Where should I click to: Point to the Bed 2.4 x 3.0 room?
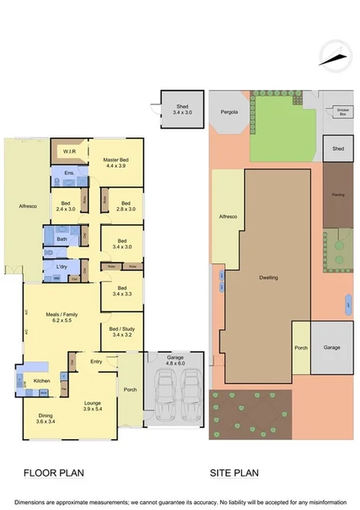tap(66, 206)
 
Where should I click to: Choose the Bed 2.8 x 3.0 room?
tap(121, 206)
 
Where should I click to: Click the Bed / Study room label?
tap(121, 331)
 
